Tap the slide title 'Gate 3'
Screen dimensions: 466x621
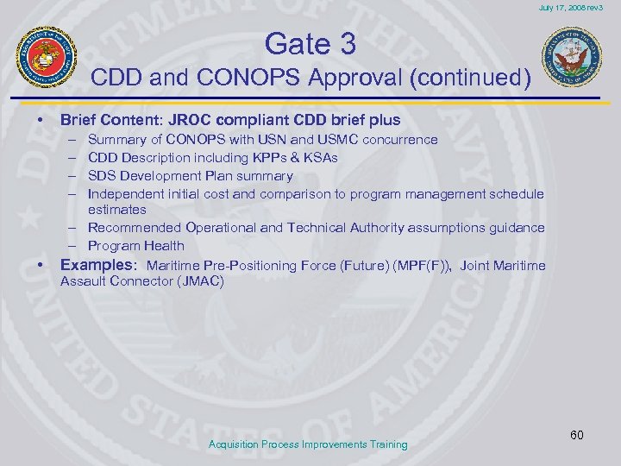(310, 42)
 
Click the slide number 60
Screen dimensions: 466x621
(576, 435)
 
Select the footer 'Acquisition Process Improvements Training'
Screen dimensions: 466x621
(308, 444)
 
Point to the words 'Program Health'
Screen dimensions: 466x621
(136, 246)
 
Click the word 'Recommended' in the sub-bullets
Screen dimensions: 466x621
(135, 228)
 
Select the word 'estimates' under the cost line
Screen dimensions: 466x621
(117, 210)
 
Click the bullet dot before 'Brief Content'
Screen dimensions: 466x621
(31, 119)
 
